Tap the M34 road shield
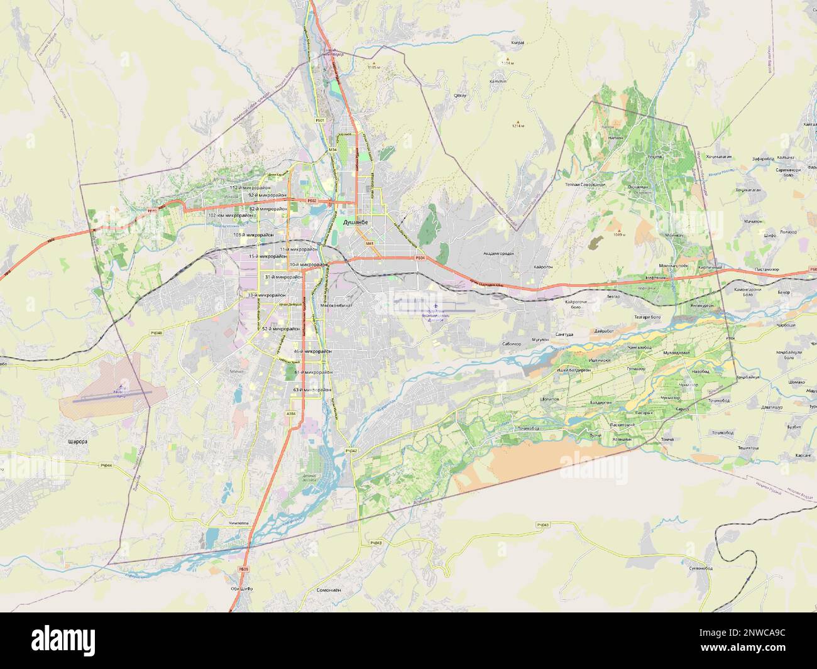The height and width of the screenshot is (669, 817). (332, 150)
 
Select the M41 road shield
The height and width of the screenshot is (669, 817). (370, 243)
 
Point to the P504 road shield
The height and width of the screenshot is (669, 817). (420, 258)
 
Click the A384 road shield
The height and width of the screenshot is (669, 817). (291, 413)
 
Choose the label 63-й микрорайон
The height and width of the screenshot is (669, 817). (312, 390)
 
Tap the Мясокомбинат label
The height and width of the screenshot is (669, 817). (336, 305)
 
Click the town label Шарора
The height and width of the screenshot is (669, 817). (76, 442)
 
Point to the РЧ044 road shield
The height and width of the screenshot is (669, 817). (106, 465)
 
